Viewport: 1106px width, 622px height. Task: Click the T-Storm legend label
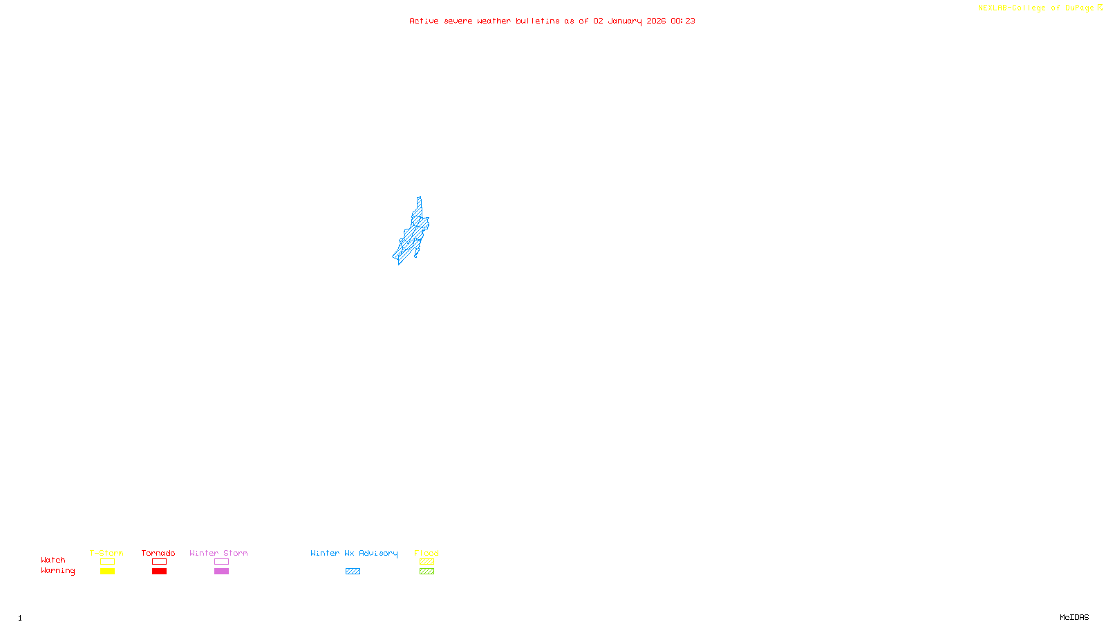click(x=106, y=553)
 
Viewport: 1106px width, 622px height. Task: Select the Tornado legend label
click(x=158, y=553)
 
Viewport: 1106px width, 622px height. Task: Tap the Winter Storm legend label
click(x=218, y=553)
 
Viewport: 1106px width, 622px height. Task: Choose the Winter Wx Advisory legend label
click(x=354, y=553)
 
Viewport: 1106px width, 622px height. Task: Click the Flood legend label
click(x=427, y=553)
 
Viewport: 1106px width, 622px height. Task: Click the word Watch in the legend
click(x=53, y=560)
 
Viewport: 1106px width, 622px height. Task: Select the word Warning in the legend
click(x=57, y=571)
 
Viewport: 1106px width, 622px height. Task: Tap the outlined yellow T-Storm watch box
click(x=107, y=562)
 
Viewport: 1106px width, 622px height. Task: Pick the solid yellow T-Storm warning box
click(x=107, y=572)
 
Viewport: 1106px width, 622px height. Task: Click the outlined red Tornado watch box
click(x=159, y=562)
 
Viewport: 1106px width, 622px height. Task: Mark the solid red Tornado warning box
click(x=159, y=572)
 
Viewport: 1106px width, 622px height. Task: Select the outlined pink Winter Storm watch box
click(x=221, y=562)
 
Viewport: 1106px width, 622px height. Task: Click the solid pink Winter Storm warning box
click(x=221, y=572)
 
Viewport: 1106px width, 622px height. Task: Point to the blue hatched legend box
click(x=353, y=572)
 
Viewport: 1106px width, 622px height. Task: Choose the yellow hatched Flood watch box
click(x=427, y=562)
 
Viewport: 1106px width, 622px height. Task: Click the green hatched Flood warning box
click(x=427, y=572)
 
